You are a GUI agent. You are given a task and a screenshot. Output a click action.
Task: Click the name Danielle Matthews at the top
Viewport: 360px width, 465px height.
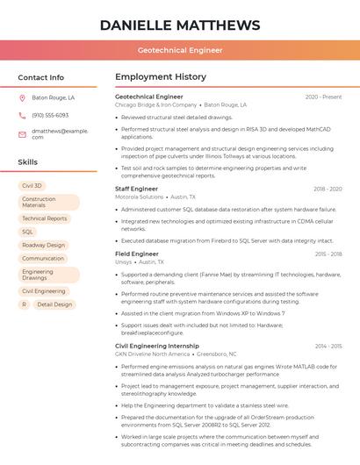tap(180, 25)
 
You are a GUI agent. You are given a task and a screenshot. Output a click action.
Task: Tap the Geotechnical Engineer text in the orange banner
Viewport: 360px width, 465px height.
tap(180, 50)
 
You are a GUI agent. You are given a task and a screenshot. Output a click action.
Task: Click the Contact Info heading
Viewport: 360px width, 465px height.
tap(41, 77)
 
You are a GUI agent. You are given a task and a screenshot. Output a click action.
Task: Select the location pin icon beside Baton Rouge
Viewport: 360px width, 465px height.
tap(22, 98)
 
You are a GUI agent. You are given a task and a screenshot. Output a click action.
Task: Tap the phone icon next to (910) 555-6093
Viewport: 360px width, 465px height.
tap(22, 115)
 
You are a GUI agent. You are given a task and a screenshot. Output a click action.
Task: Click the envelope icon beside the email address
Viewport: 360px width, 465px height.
tap(22, 133)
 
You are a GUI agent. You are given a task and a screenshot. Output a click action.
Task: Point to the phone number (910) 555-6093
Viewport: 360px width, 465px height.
tap(50, 115)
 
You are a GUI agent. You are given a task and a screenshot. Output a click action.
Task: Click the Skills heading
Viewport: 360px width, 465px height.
tap(28, 162)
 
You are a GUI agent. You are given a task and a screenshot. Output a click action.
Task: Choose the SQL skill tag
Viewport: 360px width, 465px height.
tap(28, 232)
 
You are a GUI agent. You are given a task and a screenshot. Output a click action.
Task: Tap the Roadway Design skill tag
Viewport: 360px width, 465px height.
tap(43, 246)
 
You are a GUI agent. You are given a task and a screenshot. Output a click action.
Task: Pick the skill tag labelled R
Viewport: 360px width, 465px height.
tap(24, 304)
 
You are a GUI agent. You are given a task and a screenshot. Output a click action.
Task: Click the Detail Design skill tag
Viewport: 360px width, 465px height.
tap(54, 304)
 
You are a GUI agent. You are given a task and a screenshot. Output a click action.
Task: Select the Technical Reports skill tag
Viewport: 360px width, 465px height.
tap(44, 218)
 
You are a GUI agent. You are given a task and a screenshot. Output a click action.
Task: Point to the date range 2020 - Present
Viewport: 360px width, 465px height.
tap(323, 97)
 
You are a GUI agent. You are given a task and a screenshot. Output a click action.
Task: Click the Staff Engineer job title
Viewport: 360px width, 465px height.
tap(137, 189)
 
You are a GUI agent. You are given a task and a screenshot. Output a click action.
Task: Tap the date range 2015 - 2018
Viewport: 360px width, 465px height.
tap(328, 254)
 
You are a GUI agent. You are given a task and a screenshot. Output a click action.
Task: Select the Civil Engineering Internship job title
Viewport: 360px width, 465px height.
tap(157, 346)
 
